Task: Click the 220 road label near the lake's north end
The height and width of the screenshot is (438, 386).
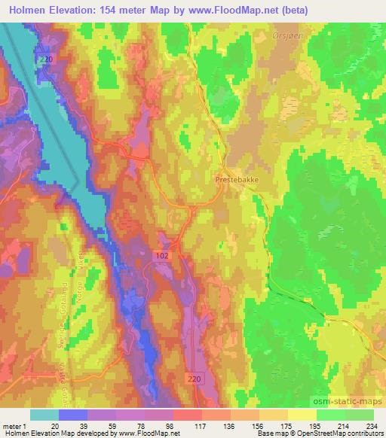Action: click(47, 59)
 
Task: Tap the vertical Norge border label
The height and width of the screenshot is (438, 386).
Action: click(69, 292)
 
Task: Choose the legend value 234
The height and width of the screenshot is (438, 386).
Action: click(371, 426)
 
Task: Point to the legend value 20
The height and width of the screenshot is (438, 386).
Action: click(54, 426)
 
